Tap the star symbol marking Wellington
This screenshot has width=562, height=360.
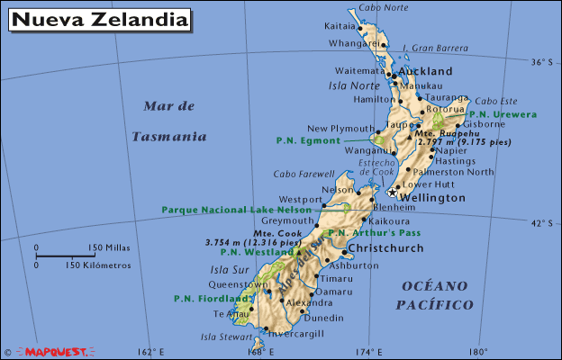pyautogui.click(x=392, y=192)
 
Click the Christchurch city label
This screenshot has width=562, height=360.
pyautogui.click(x=385, y=248)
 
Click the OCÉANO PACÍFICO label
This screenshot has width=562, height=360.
pyautogui.click(x=435, y=295)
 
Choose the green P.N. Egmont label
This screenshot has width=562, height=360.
pyautogui.click(x=308, y=140)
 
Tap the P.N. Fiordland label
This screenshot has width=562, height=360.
pyautogui.click(x=212, y=298)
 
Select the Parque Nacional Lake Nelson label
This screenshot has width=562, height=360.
pyautogui.click(x=236, y=209)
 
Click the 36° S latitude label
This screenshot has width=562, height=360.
pyautogui.click(x=540, y=62)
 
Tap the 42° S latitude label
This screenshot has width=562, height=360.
pyautogui.click(x=540, y=222)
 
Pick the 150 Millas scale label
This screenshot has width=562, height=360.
pyautogui.click(x=109, y=247)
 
